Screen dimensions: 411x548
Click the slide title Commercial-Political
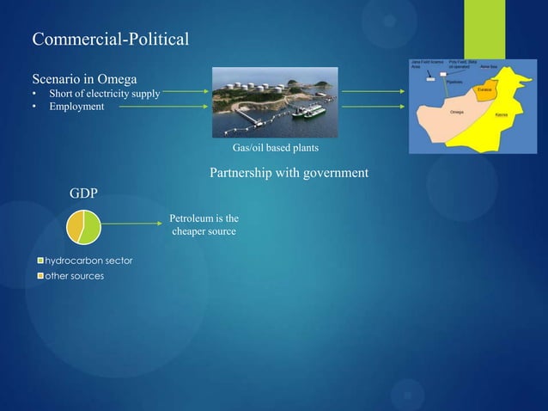click(x=110, y=40)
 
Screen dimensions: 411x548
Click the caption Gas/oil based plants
click(x=269, y=148)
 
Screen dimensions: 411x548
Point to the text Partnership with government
click(x=289, y=173)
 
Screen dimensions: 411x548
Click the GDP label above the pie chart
click(x=83, y=193)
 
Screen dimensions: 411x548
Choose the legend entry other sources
click(x=74, y=276)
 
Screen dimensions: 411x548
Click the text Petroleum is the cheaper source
click(x=204, y=225)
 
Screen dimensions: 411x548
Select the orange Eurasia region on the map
click(x=484, y=91)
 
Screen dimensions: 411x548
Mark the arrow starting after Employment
click(x=164, y=107)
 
